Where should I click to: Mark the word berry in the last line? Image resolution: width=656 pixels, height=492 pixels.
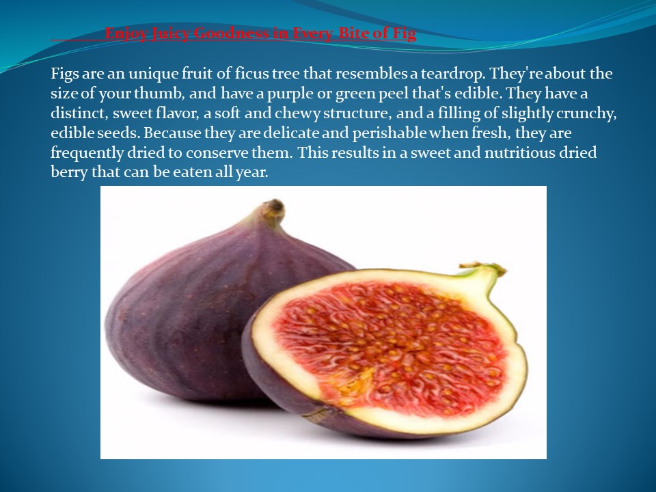point(70,172)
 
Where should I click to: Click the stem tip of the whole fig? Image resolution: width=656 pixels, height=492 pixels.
point(274,206)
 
